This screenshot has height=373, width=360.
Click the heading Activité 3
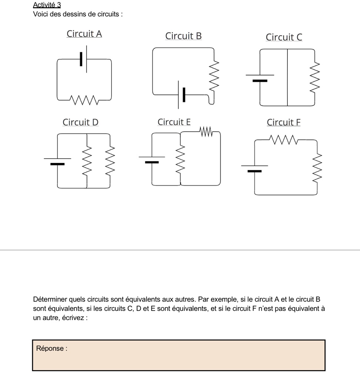(x=47, y=5)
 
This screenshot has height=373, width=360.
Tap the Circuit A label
(x=84, y=34)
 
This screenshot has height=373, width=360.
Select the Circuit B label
(x=183, y=36)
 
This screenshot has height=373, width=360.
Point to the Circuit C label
(x=284, y=37)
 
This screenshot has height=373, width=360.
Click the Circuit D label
(x=80, y=122)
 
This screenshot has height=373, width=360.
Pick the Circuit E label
(x=174, y=122)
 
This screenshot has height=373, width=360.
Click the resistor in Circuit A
(x=85, y=100)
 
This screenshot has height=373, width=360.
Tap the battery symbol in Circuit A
(x=84, y=59)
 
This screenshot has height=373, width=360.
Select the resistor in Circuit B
(x=214, y=76)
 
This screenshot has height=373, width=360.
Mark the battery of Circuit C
(x=260, y=77)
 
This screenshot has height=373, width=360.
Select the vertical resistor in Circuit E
(x=180, y=161)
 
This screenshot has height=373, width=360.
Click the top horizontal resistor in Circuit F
(x=284, y=140)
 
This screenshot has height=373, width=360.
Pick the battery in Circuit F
(x=254, y=168)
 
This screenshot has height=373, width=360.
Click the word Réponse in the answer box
(x=51, y=349)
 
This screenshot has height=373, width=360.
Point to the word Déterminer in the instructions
(x=49, y=299)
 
